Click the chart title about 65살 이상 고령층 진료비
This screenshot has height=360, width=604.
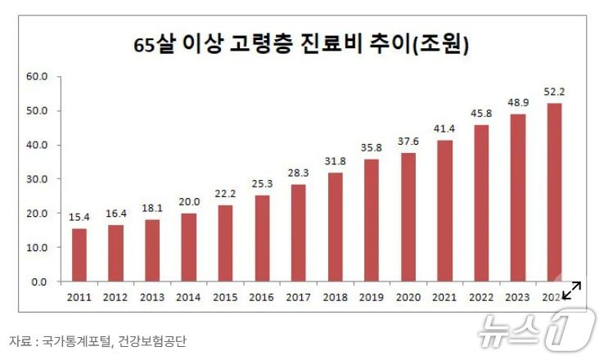click(x=301, y=45)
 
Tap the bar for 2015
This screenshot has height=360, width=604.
click(x=224, y=243)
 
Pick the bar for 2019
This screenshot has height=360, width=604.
click(x=370, y=220)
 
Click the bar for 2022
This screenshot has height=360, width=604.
click(x=480, y=203)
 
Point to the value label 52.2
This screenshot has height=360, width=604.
click(x=553, y=91)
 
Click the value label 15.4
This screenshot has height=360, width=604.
click(x=78, y=216)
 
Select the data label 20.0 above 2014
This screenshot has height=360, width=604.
click(x=188, y=200)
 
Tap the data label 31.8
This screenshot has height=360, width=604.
click(x=334, y=160)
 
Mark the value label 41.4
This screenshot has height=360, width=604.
click(x=444, y=128)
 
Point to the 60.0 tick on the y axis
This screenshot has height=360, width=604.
click(x=38, y=77)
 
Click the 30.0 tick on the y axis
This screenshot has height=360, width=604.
click(x=38, y=179)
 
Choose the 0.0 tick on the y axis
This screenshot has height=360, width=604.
click(x=41, y=281)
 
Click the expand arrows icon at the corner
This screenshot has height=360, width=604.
click(x=572, y=290)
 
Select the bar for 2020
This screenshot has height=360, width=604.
click(x=407, y=217)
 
